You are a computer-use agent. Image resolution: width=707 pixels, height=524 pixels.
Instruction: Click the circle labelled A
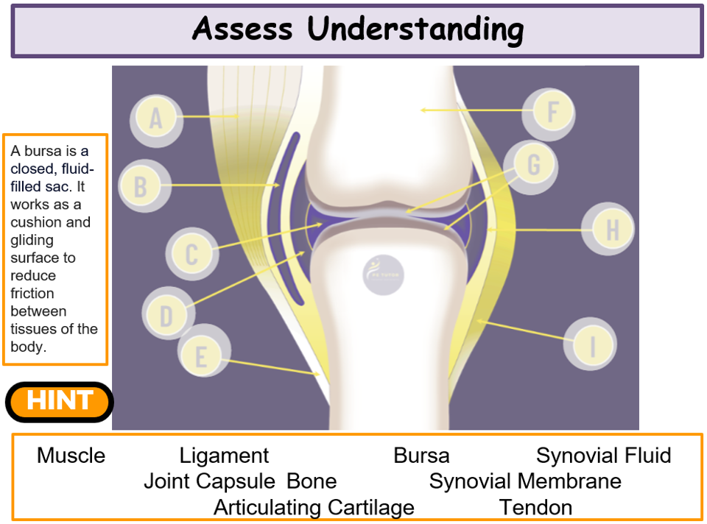[x=155, y=118]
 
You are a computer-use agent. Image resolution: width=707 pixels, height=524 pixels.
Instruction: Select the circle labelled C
[x=191, y=254]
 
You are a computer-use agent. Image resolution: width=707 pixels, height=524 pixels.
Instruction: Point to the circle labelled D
[x=166, y=315]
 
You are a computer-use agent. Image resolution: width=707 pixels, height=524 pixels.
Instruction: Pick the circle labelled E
[x=201, y=358]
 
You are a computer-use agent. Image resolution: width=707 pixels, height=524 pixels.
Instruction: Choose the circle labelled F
[x=552, y=113]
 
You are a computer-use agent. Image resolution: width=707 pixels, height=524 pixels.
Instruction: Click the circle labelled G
[x=532, y=165]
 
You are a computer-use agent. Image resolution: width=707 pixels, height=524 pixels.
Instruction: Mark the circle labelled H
[x=611, y=230]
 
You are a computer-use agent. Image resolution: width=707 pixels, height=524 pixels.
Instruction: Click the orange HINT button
[x=60, y=401]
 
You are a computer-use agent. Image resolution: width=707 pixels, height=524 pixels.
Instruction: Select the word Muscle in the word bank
[x=71, y=456]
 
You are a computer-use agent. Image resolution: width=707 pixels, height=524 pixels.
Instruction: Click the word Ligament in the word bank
[x=225, y=456]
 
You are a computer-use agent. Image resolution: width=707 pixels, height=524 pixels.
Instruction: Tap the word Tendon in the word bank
[x=535, y=507]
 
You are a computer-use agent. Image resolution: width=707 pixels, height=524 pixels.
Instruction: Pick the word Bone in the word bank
[x=312, y=481]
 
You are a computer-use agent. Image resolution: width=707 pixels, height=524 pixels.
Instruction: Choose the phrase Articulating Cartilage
[x=314, y=507]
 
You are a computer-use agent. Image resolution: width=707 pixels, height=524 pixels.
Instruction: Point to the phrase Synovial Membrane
[x=525, y=481]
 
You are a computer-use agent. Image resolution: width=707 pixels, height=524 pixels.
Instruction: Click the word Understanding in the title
[x=416, y=29]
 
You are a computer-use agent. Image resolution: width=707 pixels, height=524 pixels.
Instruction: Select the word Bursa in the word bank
[x=421, y=456]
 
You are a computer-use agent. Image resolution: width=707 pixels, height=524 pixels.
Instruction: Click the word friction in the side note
[x=32, y=293]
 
